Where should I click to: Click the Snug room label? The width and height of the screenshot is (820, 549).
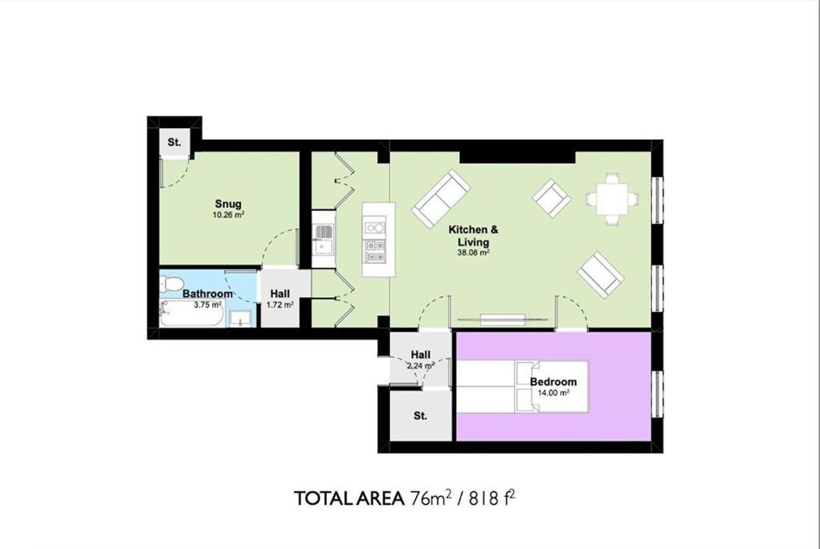(x=228, y=204)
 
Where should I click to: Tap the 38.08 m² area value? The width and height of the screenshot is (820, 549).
(x=473, y=252)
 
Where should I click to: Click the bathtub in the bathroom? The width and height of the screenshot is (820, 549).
(x=192, y=313)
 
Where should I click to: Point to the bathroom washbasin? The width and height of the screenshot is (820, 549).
(x=240, y=319)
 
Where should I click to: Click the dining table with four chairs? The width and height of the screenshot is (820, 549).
(x=612, y=199)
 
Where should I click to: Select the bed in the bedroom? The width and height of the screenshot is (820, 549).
(x=522, y=387)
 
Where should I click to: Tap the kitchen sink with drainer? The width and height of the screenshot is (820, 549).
(x=323, y=240)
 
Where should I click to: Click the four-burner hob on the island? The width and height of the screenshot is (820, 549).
(x=375, y=251)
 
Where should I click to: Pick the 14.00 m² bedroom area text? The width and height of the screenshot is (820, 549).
(x=553, y=393)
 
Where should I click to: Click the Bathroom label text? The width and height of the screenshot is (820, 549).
(x=207, y=294)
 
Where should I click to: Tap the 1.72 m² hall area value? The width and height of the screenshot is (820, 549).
(x=280, y=305)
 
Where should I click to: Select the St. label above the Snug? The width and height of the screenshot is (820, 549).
(x=175, y=142)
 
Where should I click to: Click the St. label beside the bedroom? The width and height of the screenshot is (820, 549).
(x=420, y=416)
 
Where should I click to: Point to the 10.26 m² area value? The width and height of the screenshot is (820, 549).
(x=228, y=215)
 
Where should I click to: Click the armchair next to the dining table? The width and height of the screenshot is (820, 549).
(x=551, y=198)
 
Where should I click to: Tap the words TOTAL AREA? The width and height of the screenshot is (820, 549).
(x=349, y=498)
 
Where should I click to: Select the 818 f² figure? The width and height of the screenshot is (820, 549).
(x=492, y=498)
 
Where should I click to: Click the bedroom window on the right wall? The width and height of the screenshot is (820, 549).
(x=657, y=394)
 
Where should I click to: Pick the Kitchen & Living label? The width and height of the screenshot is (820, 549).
(x=473, y=236)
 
